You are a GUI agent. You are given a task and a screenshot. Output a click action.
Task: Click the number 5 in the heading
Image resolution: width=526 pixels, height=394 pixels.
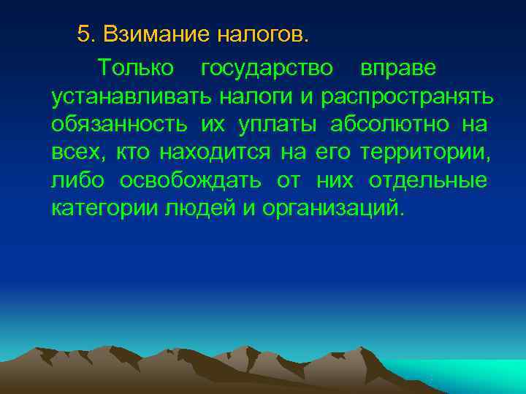click(84, 34)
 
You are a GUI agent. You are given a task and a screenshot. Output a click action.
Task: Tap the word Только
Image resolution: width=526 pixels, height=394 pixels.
click(137, 68)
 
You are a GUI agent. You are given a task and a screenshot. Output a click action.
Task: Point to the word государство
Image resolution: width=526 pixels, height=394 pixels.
click(267, 68)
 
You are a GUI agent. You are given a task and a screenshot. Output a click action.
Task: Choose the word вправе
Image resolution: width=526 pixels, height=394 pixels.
click(398, 68)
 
